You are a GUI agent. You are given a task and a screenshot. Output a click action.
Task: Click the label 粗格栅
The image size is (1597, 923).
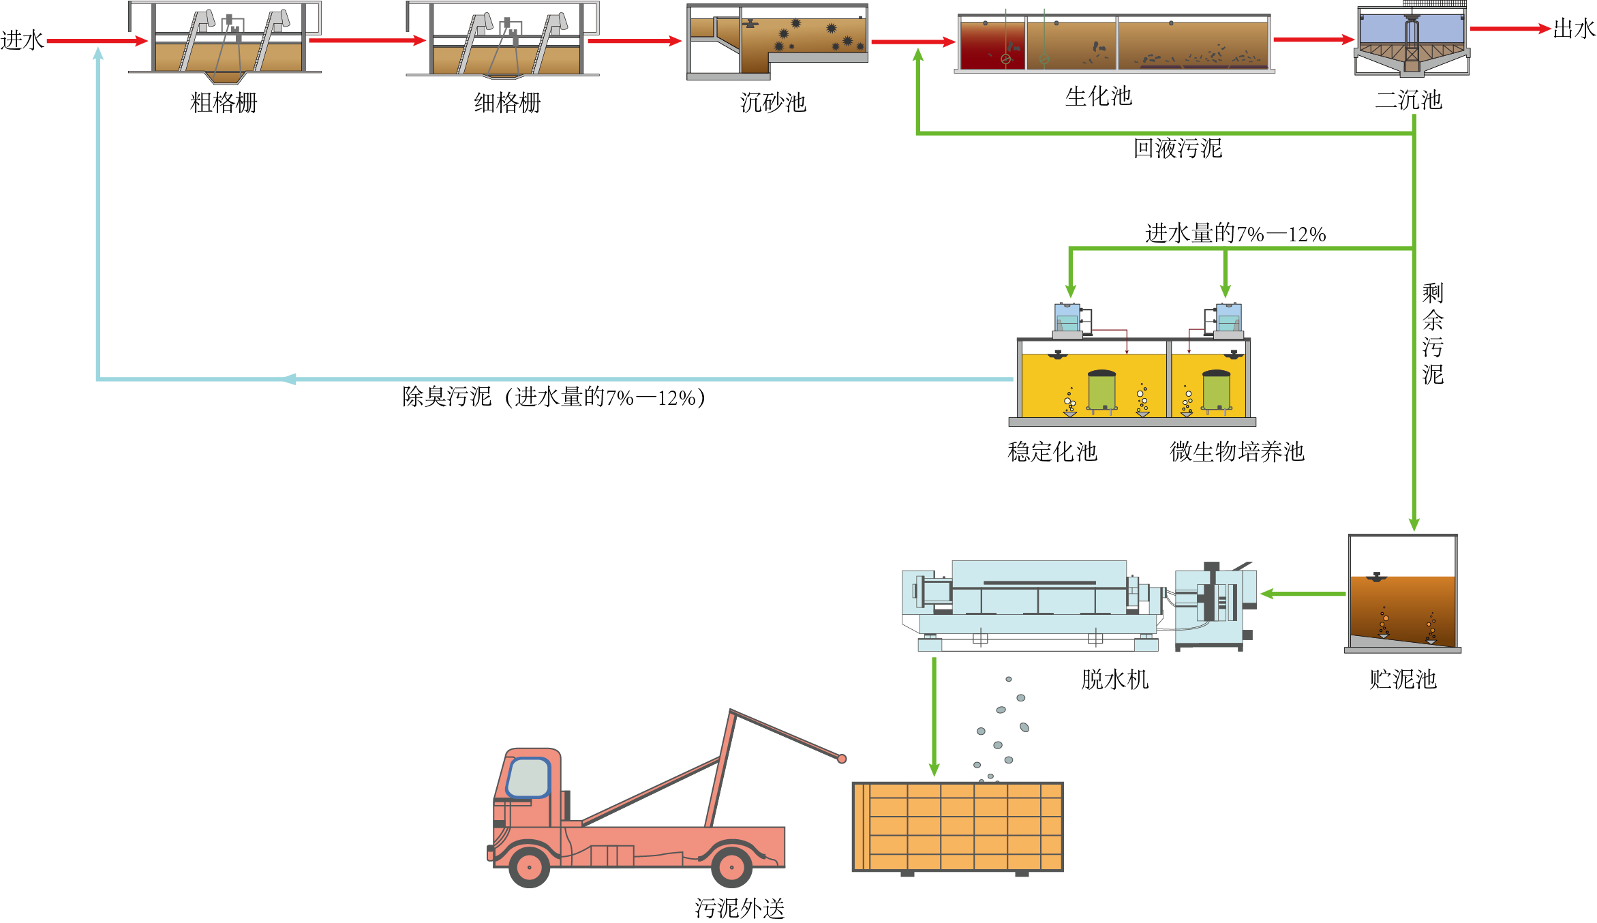[x=224, y=103]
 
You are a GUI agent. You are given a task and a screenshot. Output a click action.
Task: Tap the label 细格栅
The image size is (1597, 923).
[x=507, y=103]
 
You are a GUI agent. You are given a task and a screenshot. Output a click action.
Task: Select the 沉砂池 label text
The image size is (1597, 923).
[x=773, y=103]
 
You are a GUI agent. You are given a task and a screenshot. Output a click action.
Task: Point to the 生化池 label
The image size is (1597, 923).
[x=1098, y=96]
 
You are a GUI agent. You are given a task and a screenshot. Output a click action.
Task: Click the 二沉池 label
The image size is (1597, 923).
[x=1408, y=100]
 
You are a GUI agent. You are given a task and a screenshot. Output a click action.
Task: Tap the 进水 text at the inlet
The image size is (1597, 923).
[x=22, y=40]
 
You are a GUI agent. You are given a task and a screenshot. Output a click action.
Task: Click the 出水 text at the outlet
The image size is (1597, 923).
[x=1574, y=29]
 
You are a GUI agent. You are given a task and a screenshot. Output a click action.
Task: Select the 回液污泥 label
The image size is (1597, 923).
[x=1177, y=149]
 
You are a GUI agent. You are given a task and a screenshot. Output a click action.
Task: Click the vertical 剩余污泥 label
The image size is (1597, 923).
[x=1432, y=334]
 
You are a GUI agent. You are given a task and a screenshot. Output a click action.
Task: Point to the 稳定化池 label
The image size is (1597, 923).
[x=1052, y=451]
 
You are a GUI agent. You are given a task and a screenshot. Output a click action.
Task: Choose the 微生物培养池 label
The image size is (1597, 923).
[x=1236, y=451]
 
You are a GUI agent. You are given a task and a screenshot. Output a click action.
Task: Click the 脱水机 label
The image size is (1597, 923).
[x=1114, y=679]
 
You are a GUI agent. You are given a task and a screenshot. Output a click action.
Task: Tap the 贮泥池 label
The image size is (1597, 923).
[x=1403, y=679]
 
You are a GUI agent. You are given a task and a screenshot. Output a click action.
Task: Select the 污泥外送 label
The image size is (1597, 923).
[x=740, y=908]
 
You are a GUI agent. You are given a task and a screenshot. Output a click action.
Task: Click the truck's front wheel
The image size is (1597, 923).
[x=530, y=866]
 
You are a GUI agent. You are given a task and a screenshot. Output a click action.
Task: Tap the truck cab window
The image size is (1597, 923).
[x=528, y=778]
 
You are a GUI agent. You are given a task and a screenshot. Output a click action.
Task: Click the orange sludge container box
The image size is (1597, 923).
[x=957, y=826]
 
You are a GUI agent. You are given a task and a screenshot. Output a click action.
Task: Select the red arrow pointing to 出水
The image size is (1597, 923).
[x=1510, y=29]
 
